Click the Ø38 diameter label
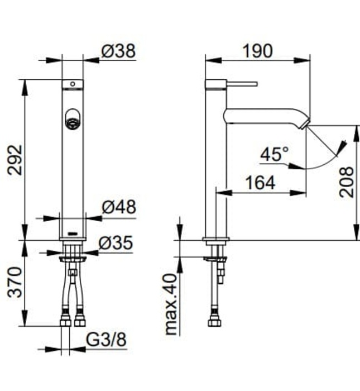point(118,51)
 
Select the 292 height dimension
point(16,160)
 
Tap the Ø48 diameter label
point(118,207)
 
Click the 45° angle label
point(274,154)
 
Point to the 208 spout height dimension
point(347,182)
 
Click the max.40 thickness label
point(171,304)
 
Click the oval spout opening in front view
point(73,120)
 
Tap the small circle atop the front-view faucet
point(71,85)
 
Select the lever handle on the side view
point(242,84)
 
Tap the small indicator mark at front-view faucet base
point(72,232)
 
